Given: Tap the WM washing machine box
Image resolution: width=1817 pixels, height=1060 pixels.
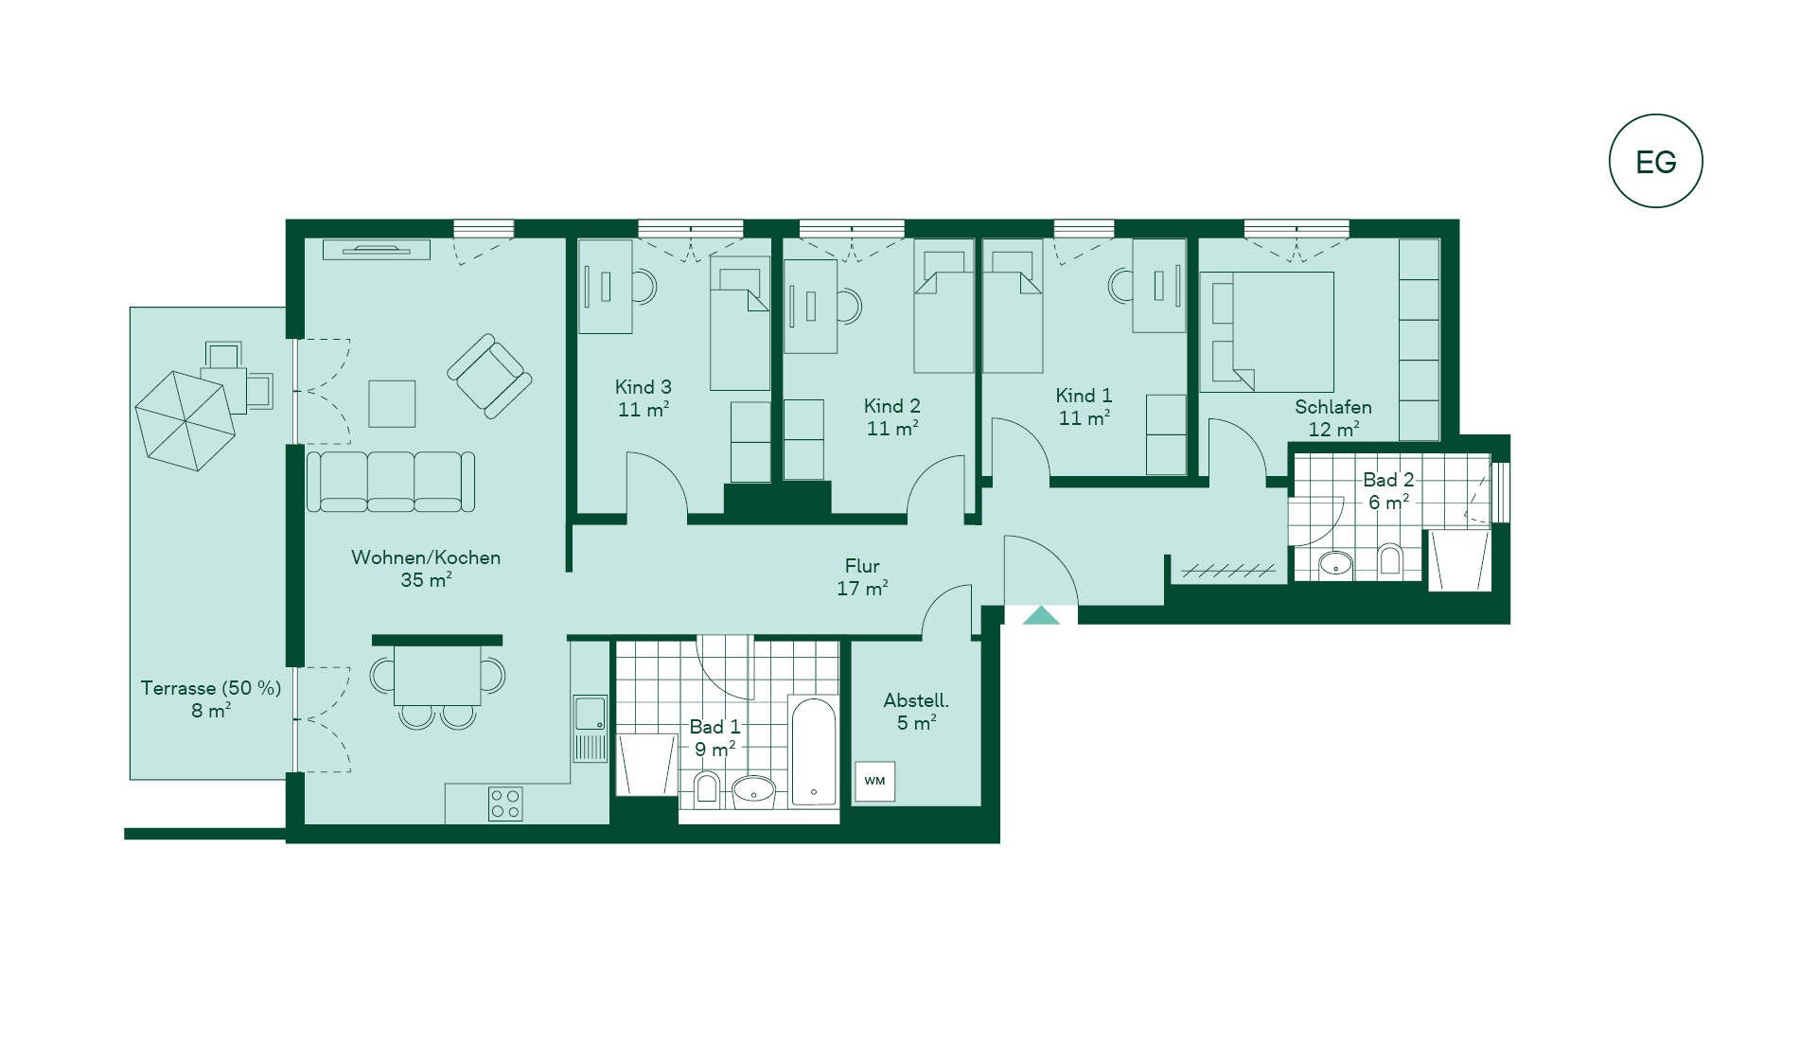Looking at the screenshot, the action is pos(874,781).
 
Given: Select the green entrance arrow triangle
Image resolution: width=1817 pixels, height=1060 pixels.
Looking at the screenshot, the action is pos(1041,615).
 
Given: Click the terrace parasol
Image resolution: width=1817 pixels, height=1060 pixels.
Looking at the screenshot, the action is pos(185,420).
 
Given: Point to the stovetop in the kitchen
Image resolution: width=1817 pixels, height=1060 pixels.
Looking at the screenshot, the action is pos(505,804).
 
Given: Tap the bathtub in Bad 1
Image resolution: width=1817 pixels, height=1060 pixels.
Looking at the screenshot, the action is pos(813,751).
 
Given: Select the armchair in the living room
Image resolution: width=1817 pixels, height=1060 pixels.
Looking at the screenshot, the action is pos(489,376).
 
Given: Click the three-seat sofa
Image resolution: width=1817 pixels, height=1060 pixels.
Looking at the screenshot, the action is pos(391,482).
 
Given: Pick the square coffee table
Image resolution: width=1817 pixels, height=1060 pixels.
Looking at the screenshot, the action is pos(392,404).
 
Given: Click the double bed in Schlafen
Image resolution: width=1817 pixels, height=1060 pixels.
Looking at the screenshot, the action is pos(1267,332).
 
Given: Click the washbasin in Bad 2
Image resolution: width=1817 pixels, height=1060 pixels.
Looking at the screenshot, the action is pos(1335,565).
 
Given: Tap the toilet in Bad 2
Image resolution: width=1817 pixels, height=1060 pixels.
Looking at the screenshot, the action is pos(1389,559).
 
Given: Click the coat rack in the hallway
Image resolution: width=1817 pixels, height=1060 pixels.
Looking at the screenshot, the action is pos(1228,571).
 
